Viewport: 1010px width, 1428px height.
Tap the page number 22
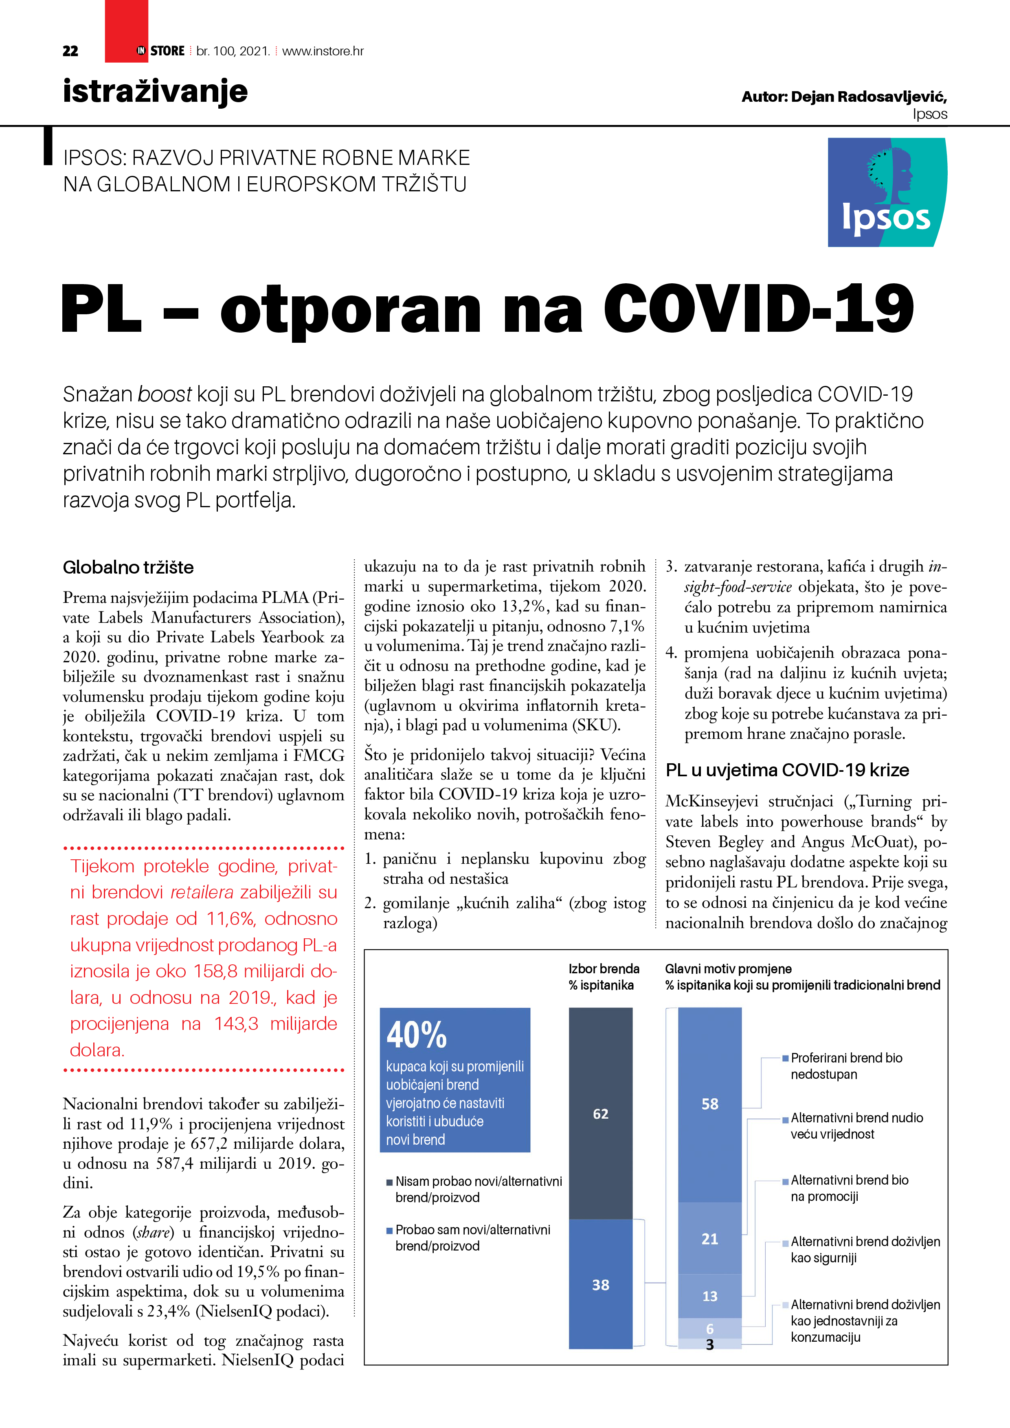(70, 51)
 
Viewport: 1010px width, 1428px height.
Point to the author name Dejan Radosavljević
(868, 97)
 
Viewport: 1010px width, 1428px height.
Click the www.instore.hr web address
(323, 51)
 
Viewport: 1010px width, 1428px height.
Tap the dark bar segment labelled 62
(601, 1113)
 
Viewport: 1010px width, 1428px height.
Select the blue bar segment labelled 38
(601, 1284)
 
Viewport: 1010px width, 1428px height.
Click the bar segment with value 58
(709, 1104)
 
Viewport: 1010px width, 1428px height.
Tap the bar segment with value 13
(709, 1296)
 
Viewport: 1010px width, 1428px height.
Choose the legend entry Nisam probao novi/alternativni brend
(478, 1189)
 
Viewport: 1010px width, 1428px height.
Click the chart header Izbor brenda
(604, 969)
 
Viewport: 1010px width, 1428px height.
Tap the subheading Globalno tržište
(128, 567)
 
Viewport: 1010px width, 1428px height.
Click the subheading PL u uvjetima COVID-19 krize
(787, 770)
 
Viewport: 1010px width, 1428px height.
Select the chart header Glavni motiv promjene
(728, 969)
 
